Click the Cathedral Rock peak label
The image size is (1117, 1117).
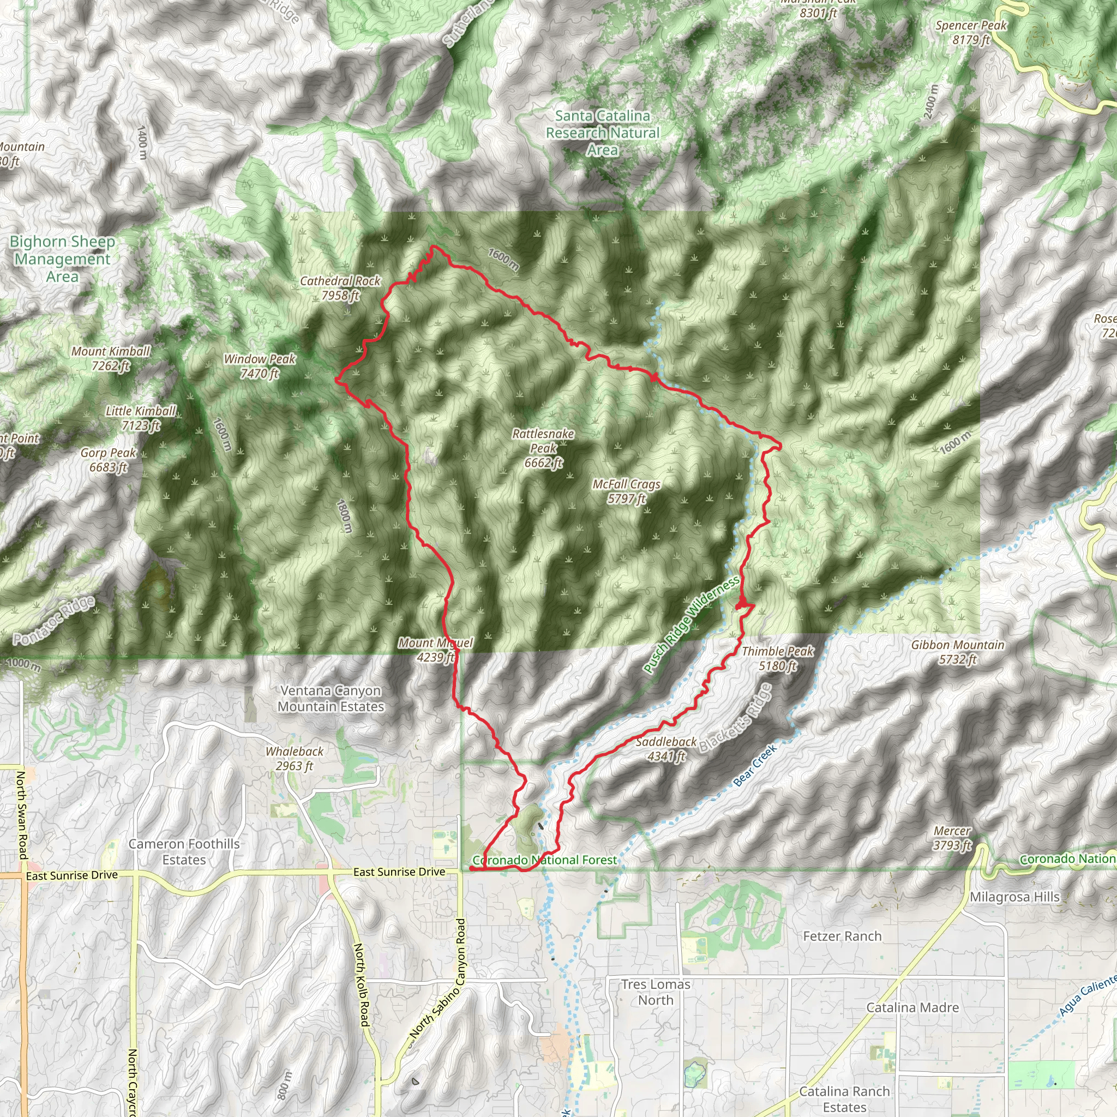(340, 288)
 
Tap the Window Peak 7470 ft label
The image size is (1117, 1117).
(260, 366)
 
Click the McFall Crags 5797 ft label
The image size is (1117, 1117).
(626, 491)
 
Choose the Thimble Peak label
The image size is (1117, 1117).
(778, 658)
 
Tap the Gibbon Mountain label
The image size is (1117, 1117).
(958, 652)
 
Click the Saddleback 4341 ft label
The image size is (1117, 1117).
(666, 749)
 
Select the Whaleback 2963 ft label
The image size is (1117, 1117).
(295, 759)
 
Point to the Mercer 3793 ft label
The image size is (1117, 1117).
(952, 838)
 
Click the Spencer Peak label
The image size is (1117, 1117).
(971, 32)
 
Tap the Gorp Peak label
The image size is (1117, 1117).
(108, 460)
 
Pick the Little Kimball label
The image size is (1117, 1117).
(141, 418)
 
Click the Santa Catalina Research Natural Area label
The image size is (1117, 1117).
(603, 133)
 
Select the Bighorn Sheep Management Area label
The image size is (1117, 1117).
(62, 259)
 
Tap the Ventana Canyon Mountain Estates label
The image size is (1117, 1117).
(331, 699)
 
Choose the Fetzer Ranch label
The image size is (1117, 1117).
(842, 936)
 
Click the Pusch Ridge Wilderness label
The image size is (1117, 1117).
(692, 625)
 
